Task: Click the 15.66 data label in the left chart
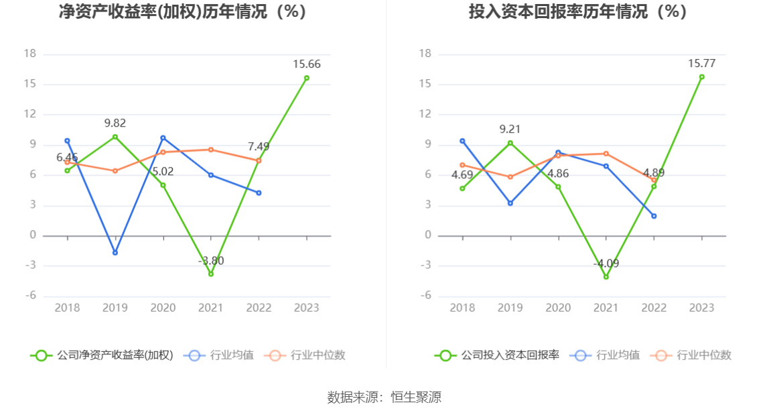(x=306, y=64)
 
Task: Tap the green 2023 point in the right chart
(x=701, y=77)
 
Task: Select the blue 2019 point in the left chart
(x=115, y=253)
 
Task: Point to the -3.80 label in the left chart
(x=211, y=261)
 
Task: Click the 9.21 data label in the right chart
(x=510, y=129)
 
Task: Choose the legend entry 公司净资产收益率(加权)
(x=102, y=355)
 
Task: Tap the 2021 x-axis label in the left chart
(x=211, y=308)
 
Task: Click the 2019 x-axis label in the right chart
(x=510, y=308)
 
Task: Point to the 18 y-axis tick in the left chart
(x=29, y=54)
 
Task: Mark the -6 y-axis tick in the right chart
(x=425, y=296)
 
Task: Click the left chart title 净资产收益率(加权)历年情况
(x=183, y=11)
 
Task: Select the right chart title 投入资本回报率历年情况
(x=577, y=11)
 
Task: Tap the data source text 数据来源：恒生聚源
(x=384, y=397)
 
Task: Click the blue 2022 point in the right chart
(x=654, y=216)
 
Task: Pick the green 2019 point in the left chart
(x=115, y=137)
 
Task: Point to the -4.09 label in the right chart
(x=606, y=263)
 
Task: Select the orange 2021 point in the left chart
(x=211, y=150)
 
